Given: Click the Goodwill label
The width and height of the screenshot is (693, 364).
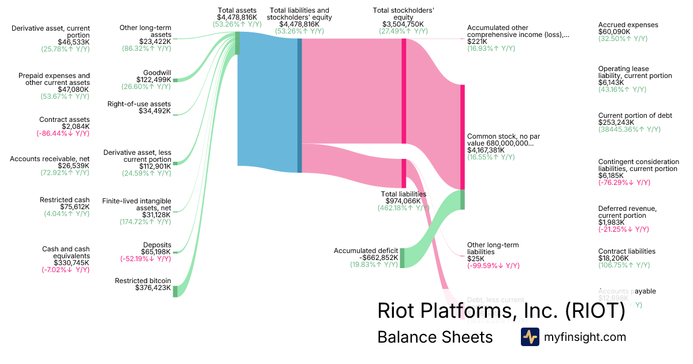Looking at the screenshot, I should [x=154, y=72].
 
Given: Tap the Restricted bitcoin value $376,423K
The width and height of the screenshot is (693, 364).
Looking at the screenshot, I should [x=153, y=288].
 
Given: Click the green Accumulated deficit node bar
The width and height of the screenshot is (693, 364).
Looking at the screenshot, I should [x=402, y=258].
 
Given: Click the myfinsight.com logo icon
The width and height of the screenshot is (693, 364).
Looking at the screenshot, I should [x=530, y=337].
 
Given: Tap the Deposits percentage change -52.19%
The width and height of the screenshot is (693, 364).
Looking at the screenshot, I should [x=146, y=259].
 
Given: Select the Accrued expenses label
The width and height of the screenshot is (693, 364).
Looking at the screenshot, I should [x=628, y=25].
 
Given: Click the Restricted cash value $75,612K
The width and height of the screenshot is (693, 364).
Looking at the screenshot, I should [x=74, y=206].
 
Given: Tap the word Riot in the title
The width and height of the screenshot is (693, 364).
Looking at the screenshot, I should [x=398, y=310].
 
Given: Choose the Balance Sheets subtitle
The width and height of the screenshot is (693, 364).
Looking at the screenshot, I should [x=434, y=337].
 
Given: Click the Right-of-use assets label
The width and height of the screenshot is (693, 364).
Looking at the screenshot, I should [x=139, y=104].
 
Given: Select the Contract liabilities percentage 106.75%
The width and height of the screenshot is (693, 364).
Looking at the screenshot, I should [x=624, y=265].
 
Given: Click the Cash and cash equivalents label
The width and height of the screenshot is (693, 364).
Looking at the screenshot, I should [x=66, y=252].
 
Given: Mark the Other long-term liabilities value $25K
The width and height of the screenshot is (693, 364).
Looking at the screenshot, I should [x=476, y=259].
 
